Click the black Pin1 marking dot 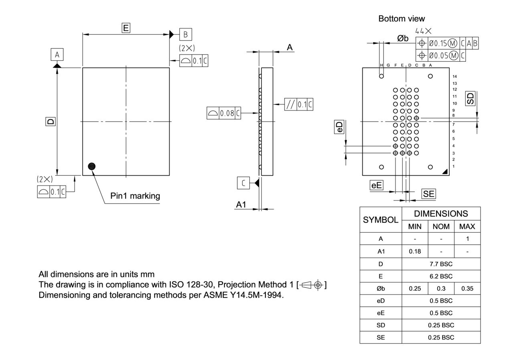point(92,166)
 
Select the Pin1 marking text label point(135,196)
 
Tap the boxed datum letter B point(185,34)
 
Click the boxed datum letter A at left point(57,54)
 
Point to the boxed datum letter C point(243,183)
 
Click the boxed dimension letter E point(126,28)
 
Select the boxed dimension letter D point(50,121)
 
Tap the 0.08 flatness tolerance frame point(224,113)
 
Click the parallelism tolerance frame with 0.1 point(299,105)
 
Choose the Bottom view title point(402,18)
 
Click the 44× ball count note point(423,31)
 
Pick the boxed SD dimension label point(470,99)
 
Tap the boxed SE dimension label point(428,194)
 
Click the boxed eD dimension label point(339,127)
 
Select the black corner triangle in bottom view point(445,172)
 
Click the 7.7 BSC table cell point(441,264)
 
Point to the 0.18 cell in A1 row point(414,251)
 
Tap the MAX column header point(467,227)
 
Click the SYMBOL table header point(380,220)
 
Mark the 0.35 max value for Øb point(467,288)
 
